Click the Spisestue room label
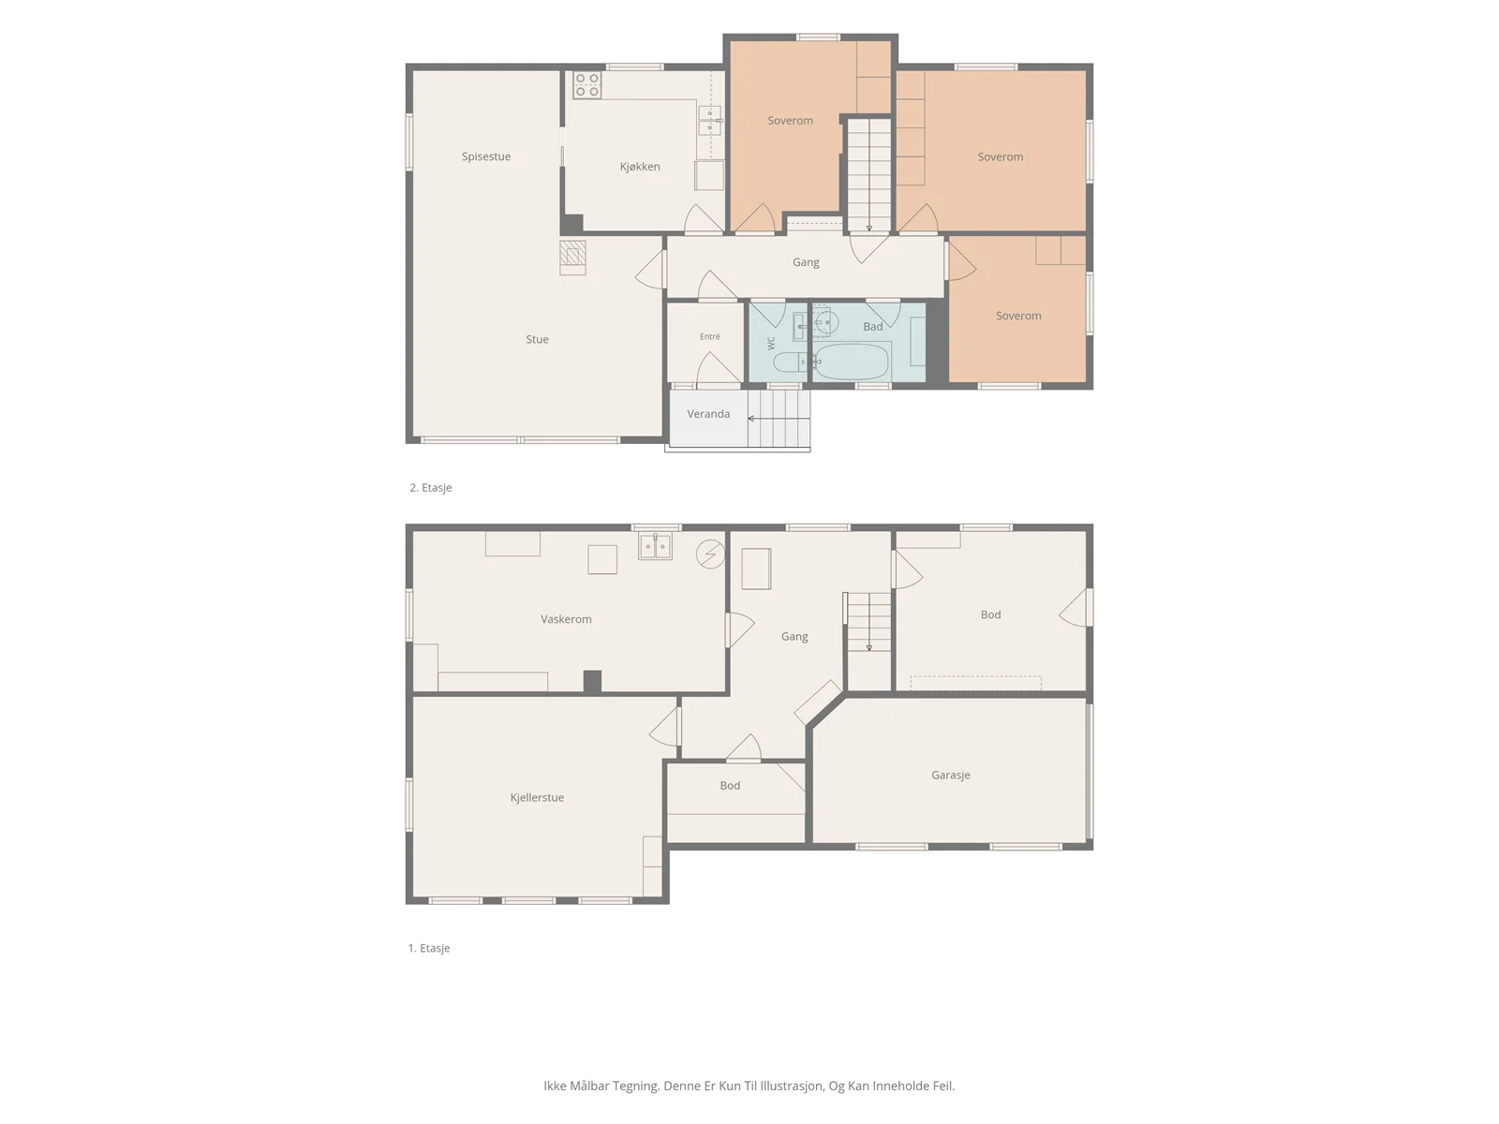pyautogui.click(x=485, y=156)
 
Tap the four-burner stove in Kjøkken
pyautogui.click(x=586, y=84)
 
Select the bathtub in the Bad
pyautogui.click(x=851, y=361)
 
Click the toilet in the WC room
pyautogui.click(x=790, y=361)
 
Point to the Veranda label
pyautogui.click(x=708, y=414)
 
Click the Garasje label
pyautogui.click(x=950, y=775)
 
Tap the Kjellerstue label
pyautogui.click(x=537, y=797)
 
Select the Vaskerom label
pyautogui.click(x=566, y=619)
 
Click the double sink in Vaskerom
pyautogui.click(x=655, y=547)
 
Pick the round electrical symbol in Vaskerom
pyautogui.click(x=710, y=554)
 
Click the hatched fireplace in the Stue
pyautogui.click(x=572, y=253)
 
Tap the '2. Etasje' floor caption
pyautogui.click(x=430, y=487)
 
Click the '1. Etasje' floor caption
pyautogui.click(x=429, y=948)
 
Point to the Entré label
pyautogui.click(x=709, y=336)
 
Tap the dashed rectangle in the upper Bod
pyautogui.click(x=975, y=683)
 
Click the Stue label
pyautogui.click(x=537, y=339)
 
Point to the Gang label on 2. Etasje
pyautogui.click(x=805, y=262)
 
